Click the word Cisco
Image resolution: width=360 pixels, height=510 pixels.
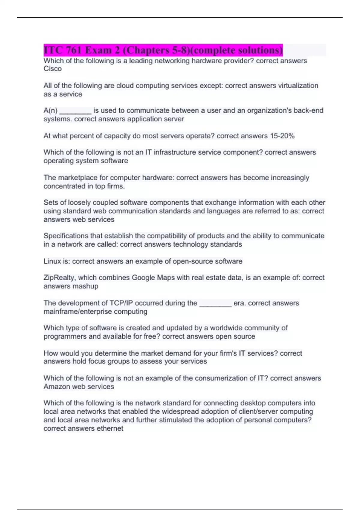52,69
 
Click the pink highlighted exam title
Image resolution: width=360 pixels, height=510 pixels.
163,50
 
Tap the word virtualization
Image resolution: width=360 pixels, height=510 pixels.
298,86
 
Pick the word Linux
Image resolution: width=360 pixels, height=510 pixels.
52,261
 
